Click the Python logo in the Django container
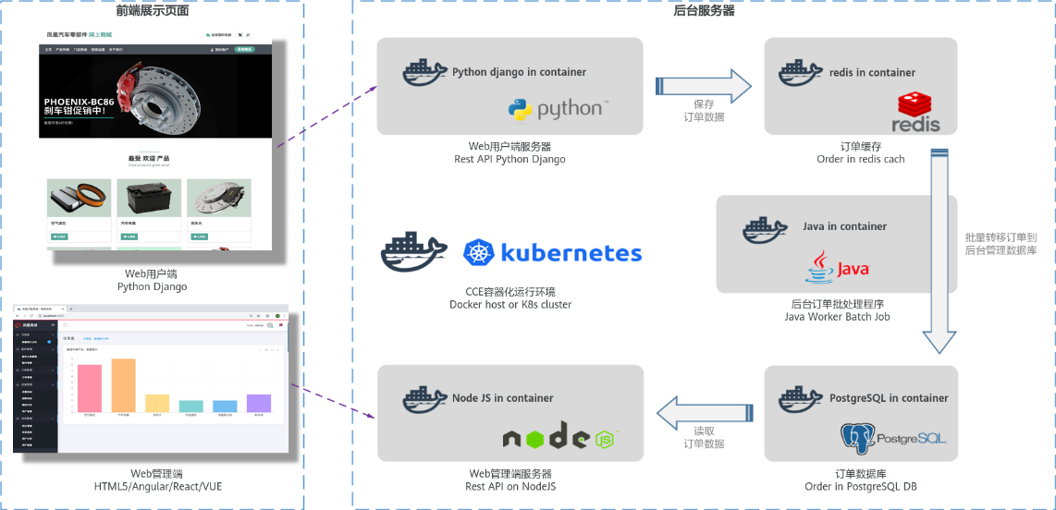tap(523, 110)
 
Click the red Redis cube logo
tap(915, 104)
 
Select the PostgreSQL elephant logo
tap(857, 438)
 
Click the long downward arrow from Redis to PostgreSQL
tap(941, 259)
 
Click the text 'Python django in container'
tap(519, 72)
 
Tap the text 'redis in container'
tap(872, 72)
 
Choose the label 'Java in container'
tap(844, 226)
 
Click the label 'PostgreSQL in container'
tap(890, 398)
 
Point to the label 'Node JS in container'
tap(502, 398)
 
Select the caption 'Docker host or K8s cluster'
tap(510, 304)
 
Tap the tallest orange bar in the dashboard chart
tap(123, 385)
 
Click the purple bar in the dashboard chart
tap(259, 403)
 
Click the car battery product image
tap(148, 198)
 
